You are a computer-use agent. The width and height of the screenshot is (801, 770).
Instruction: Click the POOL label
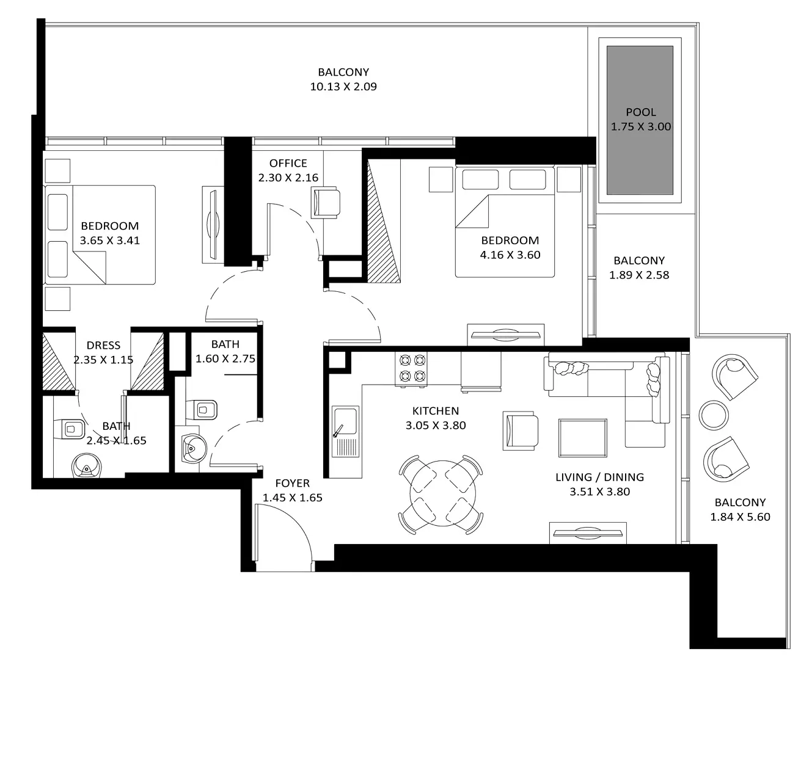640,112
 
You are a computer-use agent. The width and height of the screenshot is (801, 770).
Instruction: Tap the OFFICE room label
288,163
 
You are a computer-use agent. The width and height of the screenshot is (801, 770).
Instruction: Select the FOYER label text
292,483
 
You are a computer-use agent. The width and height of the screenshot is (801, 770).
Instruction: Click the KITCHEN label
436,410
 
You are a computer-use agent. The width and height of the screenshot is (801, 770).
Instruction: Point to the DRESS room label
103,345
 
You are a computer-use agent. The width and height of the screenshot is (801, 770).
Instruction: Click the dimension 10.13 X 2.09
343,86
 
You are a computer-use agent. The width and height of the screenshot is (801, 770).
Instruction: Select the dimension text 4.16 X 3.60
510,255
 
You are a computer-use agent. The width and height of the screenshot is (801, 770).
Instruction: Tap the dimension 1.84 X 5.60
740,517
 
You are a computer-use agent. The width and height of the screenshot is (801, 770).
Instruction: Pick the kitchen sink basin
345,421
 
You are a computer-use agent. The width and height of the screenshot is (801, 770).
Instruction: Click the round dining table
442,493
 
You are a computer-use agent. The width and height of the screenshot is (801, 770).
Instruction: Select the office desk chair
326,202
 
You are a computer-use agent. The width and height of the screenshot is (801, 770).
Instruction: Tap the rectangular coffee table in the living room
582,438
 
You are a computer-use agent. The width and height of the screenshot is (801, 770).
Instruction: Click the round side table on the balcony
714,415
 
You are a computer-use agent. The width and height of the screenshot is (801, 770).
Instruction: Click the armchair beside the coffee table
521,430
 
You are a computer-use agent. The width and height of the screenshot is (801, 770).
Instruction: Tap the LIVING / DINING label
600,477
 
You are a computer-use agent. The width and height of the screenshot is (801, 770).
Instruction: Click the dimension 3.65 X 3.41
110,240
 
